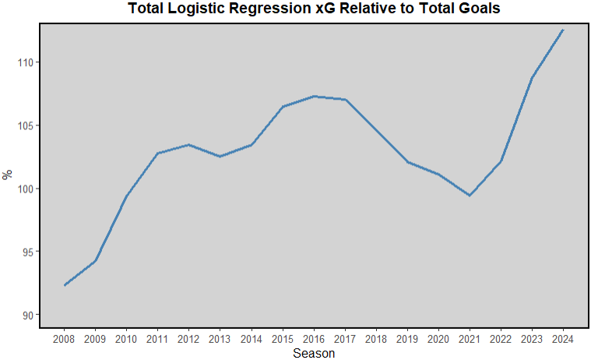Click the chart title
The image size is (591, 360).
(x=313, y=9)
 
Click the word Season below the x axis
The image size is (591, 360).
(x=314, y=354)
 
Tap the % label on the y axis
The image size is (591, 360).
(x=8, y=175)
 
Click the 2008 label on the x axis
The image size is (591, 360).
(x=64, y=339)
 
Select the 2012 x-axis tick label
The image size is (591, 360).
(x=188, y=339)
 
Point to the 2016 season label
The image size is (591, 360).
(x=314, y=339)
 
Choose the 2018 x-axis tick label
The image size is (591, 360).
(x=376, y=339)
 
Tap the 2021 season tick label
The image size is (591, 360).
(x=470, y=339)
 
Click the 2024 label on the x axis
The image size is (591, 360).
(x=563, y=339)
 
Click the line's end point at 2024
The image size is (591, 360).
(x=563, y=30)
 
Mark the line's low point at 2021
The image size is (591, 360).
(x=470, y=196)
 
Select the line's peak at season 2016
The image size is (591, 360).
(x=314, y=96)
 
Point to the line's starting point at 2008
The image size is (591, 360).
(x=64, y=285)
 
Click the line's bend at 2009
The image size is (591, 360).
(x=95, y=260)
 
